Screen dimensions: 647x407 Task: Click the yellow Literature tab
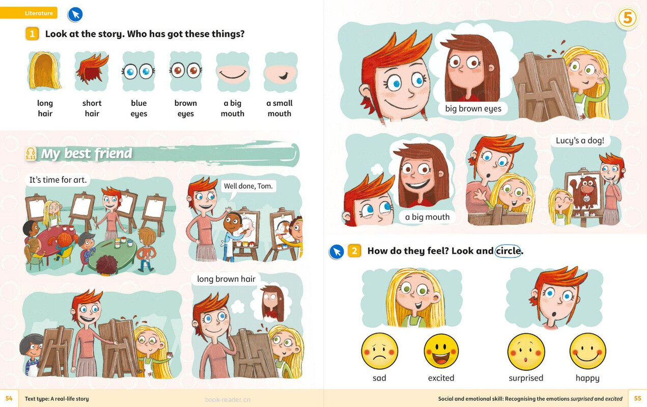coord(29,13)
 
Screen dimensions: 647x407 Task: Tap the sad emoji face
coord(379,351)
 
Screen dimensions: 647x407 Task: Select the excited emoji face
coord(441,351)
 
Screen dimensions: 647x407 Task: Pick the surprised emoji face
coord(526,352)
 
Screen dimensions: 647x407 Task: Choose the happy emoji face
coord(587,352)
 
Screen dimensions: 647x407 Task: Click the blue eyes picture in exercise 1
coord(138,71)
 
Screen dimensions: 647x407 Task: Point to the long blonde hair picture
coord(45,70)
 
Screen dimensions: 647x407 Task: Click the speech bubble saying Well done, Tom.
coord(248,186)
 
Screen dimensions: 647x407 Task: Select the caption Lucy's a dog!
coord(580,140)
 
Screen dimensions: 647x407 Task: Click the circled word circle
coord(508,251)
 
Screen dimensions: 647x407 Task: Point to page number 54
coord(9,398)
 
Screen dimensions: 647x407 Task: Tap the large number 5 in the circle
coord(627,18)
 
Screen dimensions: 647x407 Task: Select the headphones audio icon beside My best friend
coord(31,153)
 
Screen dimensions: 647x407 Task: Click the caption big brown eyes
coord(473,108)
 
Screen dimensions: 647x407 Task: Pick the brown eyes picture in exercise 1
coord(186,71)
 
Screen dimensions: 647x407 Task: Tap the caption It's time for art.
coord(58,180)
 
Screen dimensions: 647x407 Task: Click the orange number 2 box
coord(354,251)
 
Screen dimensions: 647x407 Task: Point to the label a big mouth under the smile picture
coord(233,108)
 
